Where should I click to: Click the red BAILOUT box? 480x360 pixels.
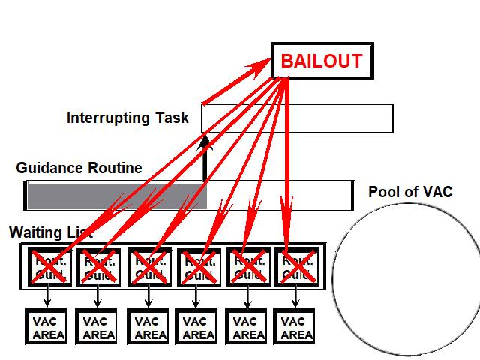(321, 61)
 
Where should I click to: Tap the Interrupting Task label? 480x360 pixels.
(127, 118)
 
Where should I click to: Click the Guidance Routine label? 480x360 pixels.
(79, 168)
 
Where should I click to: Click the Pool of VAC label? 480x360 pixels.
(410, 192)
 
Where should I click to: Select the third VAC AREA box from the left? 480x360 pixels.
(148, 328)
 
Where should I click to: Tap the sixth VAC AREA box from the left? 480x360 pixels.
(296, 328)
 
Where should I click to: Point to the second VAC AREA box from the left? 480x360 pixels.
(97, 328)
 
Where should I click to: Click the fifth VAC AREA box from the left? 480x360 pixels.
(247, 328)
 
